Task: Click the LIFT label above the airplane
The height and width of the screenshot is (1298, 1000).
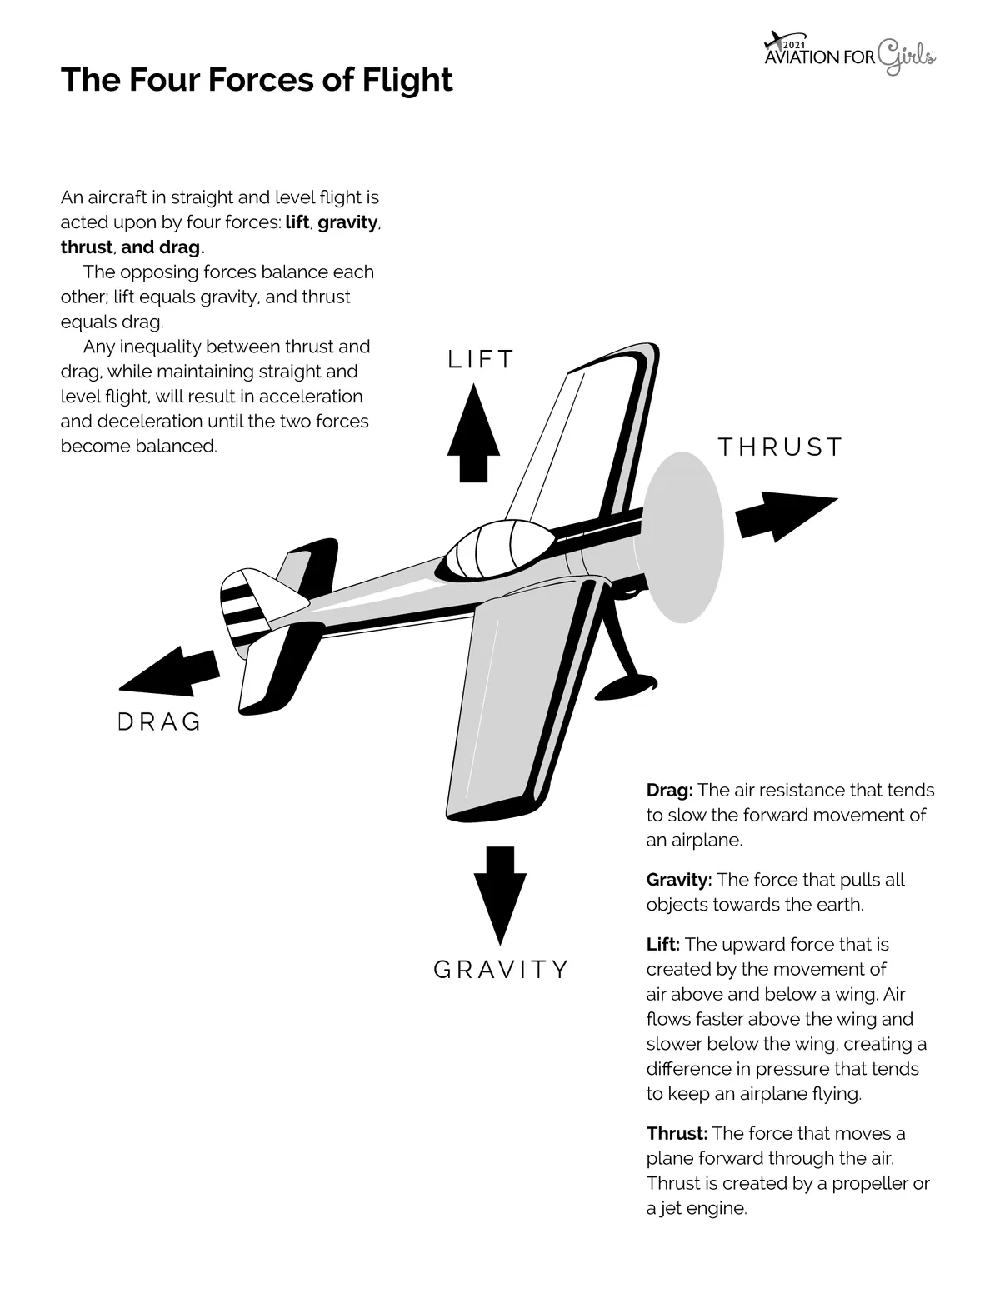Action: (x=481, y=359)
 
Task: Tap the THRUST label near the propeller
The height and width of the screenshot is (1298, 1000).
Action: (x=780, y=447)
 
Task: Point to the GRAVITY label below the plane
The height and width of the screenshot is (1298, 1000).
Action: (x=502, y=970)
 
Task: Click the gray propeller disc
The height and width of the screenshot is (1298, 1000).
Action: (x=684, y=537)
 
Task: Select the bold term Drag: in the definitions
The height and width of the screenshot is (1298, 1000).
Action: (x=669, y=790)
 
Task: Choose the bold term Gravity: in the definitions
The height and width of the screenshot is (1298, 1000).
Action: (x=678, y=880)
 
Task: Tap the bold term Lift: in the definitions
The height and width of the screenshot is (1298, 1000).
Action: (x=663, y=944)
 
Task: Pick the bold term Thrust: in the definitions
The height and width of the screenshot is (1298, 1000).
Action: (x=677, y=1133)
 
